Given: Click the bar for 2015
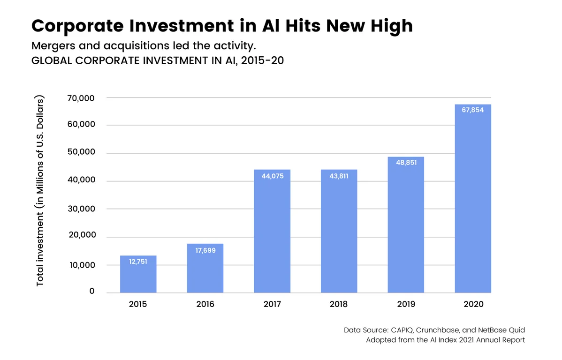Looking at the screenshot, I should point(138,274).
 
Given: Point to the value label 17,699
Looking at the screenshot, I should point(205,250).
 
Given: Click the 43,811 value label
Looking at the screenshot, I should point(339,176).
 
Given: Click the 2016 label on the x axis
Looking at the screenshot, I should point(205,304).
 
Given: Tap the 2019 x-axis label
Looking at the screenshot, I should point(406,304).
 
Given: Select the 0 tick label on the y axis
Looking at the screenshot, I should point(92,291).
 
